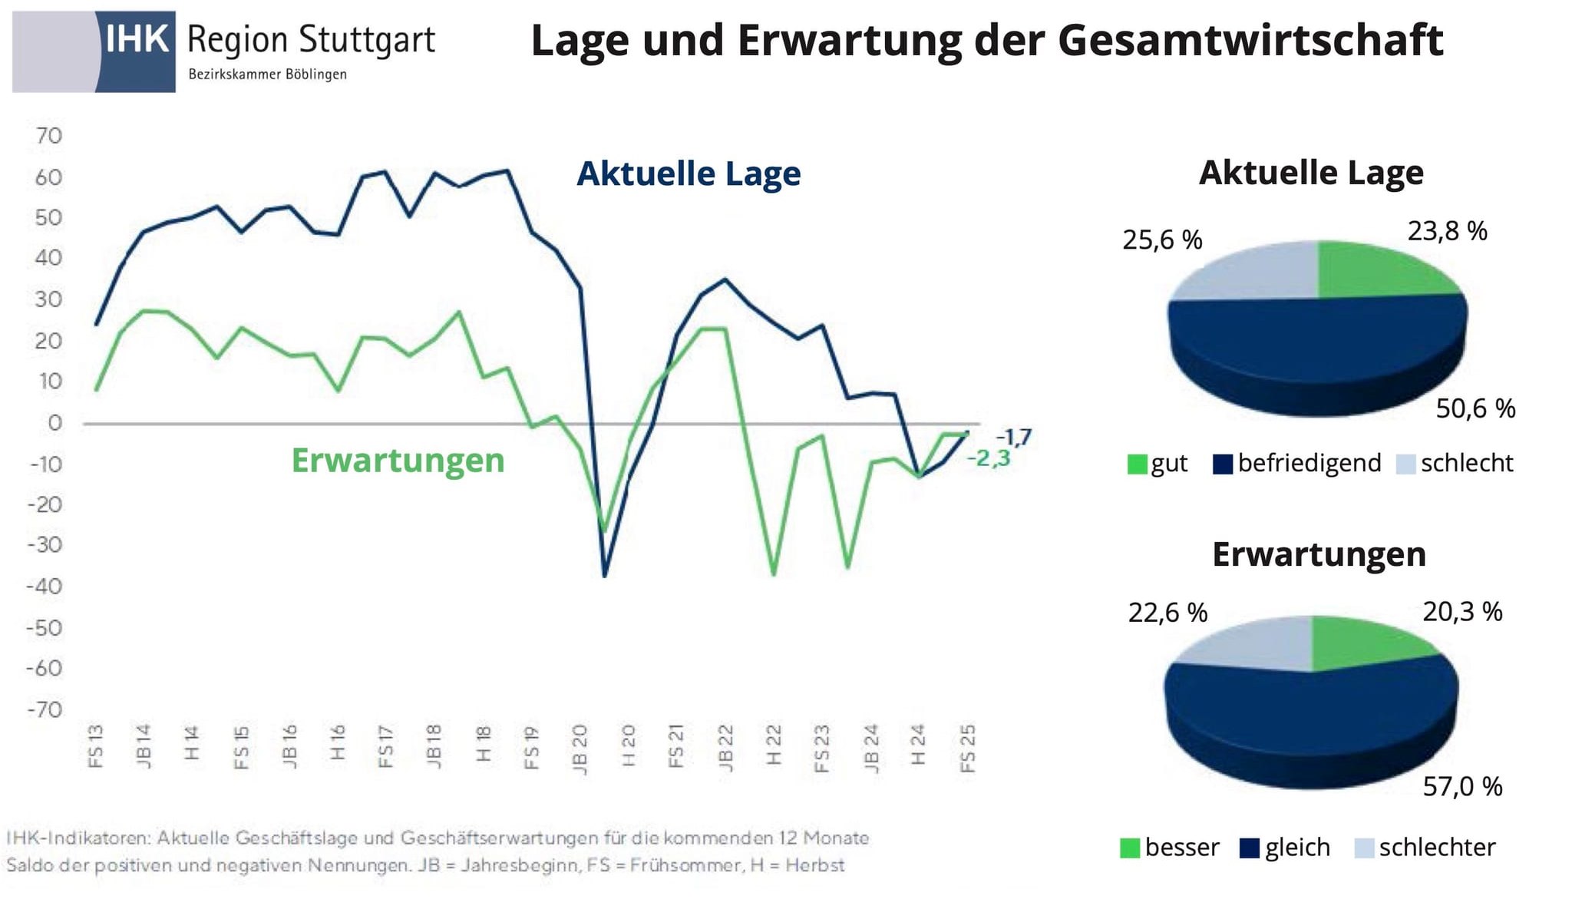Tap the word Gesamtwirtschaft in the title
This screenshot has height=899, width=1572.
point(1250,41)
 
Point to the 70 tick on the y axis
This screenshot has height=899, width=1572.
point(48,136)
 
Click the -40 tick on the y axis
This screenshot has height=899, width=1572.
point(45,587)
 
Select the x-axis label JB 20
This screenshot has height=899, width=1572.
point(580,749)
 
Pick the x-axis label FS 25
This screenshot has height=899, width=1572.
point(968,748)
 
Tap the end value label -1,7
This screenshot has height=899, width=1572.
point(1013,438)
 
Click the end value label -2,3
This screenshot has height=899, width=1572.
point(989,458)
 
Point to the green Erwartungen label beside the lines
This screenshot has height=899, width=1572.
point(398,461)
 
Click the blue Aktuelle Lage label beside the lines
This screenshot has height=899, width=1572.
point(689,174)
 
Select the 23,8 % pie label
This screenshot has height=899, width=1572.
point(1447,231)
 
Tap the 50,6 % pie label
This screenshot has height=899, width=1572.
point(1475,408)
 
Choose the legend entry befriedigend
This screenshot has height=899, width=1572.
point(1298,464)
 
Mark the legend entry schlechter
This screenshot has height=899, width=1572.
point(1426,848)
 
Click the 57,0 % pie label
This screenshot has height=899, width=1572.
point(1462,786)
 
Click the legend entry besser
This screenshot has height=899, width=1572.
point(1170,848)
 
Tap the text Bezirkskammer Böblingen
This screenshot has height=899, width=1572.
point(267,74)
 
